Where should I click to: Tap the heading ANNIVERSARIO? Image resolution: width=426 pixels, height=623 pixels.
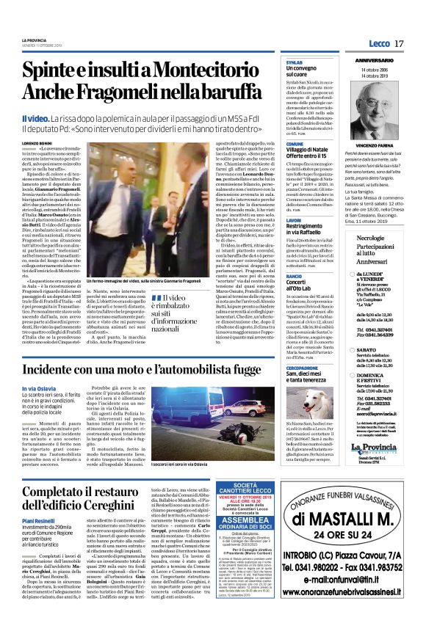click(x=376, y=59)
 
